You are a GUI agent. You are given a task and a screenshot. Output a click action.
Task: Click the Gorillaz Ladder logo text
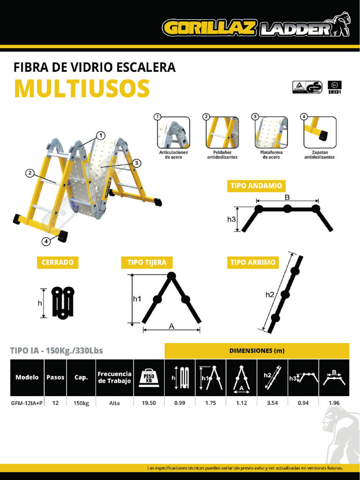coord(248,28)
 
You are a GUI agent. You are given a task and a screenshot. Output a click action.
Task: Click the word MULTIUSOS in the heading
coord(82,89)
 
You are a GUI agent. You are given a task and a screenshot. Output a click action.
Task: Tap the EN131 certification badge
coord(335,88)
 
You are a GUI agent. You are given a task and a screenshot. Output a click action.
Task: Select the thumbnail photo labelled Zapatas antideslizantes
coord(320,132)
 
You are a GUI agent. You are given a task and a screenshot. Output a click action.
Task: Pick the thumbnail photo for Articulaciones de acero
coord(173,132)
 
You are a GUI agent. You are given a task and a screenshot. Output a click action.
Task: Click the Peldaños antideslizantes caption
coord(222,155)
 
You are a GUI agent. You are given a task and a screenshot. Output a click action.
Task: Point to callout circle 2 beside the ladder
coord(30,173)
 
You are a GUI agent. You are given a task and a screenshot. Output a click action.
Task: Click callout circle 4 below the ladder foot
coord(46,241)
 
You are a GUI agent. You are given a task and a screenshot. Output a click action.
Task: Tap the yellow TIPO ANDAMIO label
coord(256,186)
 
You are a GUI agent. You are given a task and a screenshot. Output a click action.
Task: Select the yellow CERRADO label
coord(57,262)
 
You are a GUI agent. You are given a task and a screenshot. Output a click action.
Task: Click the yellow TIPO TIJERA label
coord(147,262)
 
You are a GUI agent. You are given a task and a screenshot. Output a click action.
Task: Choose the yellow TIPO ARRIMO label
coord(252,262)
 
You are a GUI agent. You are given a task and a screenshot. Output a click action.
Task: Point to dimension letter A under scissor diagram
coord(171,326)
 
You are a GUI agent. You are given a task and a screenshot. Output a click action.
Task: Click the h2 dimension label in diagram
coord(270,295)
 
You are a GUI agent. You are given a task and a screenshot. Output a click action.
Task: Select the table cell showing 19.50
coord(149,403)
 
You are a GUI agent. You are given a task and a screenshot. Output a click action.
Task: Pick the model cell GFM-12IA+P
coord(27,403)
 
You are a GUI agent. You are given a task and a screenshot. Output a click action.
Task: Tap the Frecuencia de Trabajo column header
coord(114,377)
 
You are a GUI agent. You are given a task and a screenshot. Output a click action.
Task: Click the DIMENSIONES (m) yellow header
coord(256,351)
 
